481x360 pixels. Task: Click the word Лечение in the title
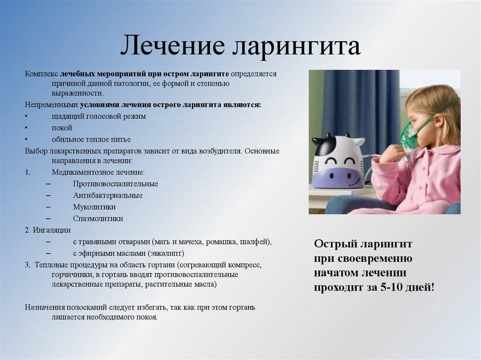[172, 45]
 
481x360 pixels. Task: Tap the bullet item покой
[62, 128]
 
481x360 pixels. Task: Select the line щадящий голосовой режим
[99, 116]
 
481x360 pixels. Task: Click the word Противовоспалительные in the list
[116, 184]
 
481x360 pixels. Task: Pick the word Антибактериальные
[108, 195]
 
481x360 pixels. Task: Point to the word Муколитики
[94, 207]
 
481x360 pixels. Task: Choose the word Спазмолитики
[98, 219]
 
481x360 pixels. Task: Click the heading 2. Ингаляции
[47, 230]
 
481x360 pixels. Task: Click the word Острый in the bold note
[334, 244]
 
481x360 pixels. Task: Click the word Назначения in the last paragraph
[45, 307]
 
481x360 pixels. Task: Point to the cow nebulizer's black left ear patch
[323, 146]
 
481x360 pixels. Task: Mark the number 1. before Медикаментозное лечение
[28, 172]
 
